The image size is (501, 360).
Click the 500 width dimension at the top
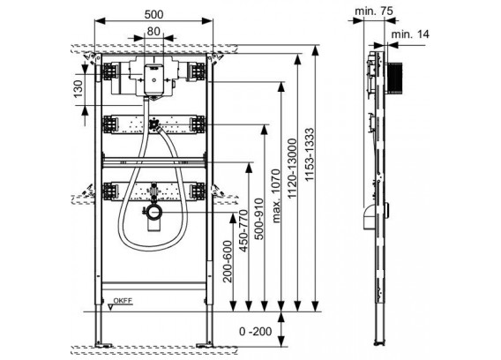click(x=153, y=14)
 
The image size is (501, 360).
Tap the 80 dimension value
click(x=153, y=31)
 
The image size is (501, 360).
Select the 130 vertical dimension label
click(x=78, y=89)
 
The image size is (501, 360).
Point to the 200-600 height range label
click(x=228, y=261)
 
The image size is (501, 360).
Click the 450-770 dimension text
click(x=243, y=230)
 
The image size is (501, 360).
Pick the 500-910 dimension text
click(x=259, y=219)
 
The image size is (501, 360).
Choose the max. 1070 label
click(x=275, y=196)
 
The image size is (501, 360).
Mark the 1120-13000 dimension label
click(x=292, y=169)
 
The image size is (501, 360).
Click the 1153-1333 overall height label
click(x=309, y=154)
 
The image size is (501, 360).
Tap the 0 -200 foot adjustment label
click(x=256, y=331)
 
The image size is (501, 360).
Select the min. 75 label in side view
click(x=374, y=11)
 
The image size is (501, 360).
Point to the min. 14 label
click(x=410, y=34)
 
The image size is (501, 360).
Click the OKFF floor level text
click(x=123, y=301)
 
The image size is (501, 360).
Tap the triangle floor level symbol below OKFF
click(x=111, y=307)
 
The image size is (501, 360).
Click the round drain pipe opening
click(x=154, y=213)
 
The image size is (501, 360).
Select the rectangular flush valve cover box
click(x=153, y=79)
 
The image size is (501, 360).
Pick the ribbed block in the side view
click(x=394, y=79)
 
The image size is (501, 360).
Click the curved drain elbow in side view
click(x=369, y=217)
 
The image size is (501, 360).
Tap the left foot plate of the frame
click(x=102, y=345)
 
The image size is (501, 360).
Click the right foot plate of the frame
click(x=206, y=345)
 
